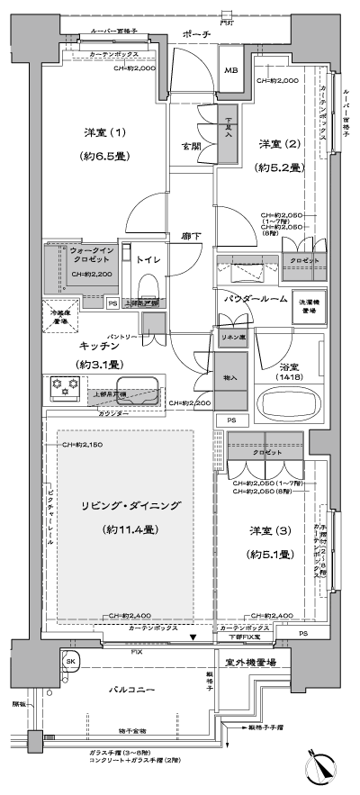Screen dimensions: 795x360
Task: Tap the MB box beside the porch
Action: [x=231, y=70]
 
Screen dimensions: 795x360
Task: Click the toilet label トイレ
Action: [x=148, y=260]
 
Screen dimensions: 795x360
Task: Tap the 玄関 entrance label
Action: [x=191, y=146]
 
